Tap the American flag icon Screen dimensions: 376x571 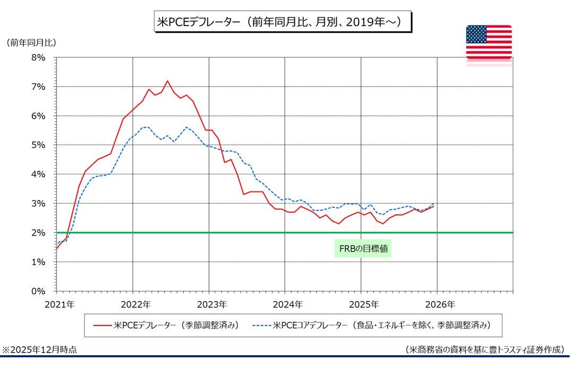click(x=489, y=42)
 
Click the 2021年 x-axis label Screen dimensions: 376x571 click(x=59, y=305)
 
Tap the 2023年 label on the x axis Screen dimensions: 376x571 click(x=211, y=305)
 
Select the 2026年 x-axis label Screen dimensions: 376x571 click(x=439, y=305)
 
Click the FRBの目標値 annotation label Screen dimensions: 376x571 click(x=363, y=248)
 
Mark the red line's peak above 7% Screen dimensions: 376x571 click(x=167, y=81)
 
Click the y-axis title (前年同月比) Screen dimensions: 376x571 click(x=31, y=43)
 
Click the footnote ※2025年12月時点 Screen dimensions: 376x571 click(x=39, y=350)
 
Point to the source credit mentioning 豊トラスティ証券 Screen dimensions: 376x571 click(x=484, y=350)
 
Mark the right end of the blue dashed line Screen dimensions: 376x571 click(x=434, y=204)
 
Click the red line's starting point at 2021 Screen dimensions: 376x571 click(x=56, y=248)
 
